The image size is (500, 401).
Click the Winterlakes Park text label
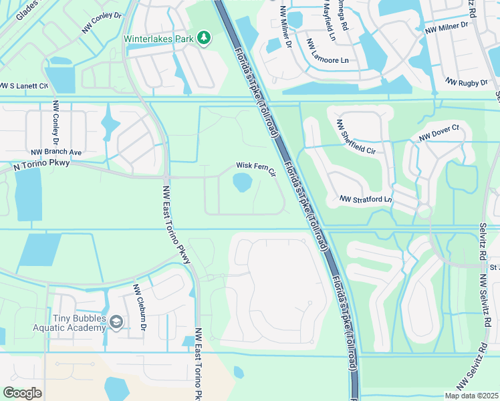(158, 38)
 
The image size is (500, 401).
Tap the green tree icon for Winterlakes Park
(204, 38)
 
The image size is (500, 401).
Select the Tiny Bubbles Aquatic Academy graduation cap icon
(116, 323)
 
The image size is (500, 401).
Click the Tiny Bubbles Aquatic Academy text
(70, 323)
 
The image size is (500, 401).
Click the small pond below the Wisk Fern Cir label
(241, 181)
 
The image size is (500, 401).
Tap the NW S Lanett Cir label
(24, 86)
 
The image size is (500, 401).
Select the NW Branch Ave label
(56, 152)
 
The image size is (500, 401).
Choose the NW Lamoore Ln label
(328, 51)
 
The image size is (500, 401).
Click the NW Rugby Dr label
(467, 82)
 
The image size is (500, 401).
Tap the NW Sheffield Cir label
(356, 137)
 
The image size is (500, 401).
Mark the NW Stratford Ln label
(365, 199)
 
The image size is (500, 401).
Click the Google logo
(22, 393)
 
